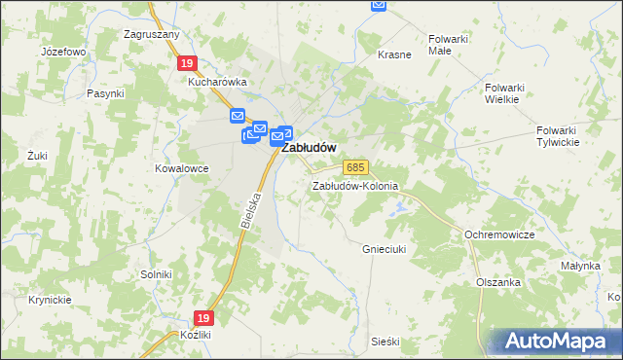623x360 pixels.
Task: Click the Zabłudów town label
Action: (x=309, y=149)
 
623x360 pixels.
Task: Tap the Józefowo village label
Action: (x=64, y=51)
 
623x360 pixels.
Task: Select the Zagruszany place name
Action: (x=151, y=34)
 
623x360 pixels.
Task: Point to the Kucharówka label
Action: (x=218, y=83)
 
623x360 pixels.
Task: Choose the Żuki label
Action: (x=38, y=155)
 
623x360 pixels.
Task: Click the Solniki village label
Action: (x=156, y=275)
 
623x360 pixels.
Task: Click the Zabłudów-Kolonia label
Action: (x=355, y=186)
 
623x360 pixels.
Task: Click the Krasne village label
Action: (x=394, y=55)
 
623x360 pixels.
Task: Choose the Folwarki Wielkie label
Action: (x=504, y=92)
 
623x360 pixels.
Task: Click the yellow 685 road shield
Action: (x=354, y=169)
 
